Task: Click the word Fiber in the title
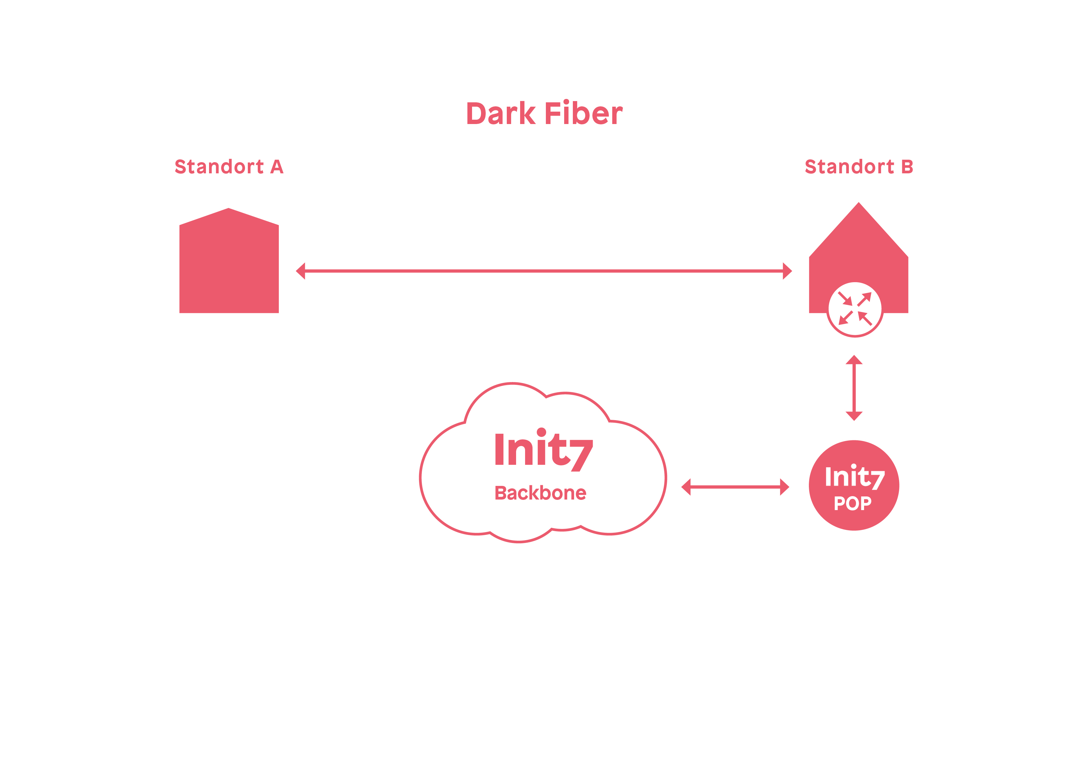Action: [x=583, y=114]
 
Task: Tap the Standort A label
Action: [x=229, y=167]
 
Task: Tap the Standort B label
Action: [x=859, y=167]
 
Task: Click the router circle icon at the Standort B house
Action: [x=854, y=309]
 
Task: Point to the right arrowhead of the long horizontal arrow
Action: [x=787, y=271]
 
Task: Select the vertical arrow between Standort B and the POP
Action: [x=854, y=388]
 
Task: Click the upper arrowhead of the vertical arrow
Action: [x=854, y=360]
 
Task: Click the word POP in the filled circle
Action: [x=853, y=503]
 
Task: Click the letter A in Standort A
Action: [x=277, y=167]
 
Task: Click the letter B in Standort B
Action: [x=907, y=167]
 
